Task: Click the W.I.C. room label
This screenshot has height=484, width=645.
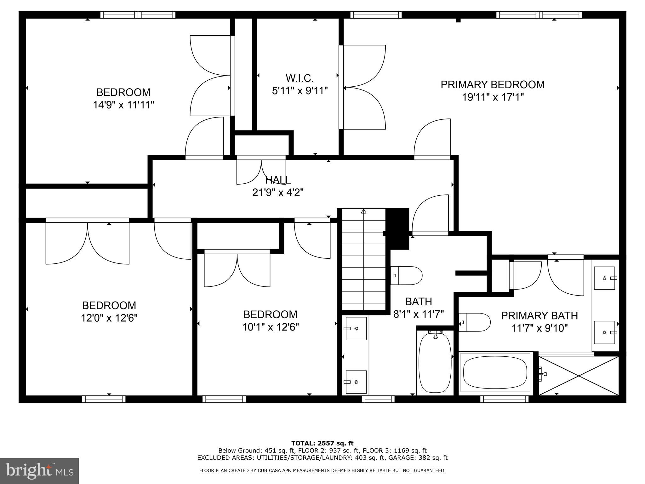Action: [x=300, y=78]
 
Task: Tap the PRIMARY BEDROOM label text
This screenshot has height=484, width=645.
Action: [x=492, y=85]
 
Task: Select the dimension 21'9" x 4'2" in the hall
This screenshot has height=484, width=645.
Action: [x=278, y=192]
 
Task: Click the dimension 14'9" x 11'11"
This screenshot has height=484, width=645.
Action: [x=123, y=105]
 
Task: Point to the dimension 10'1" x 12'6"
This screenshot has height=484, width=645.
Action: [x=270, y=327]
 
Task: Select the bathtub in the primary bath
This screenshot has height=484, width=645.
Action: [x=495, y=374]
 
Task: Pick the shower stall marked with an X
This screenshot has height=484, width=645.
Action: [x=579, y=375]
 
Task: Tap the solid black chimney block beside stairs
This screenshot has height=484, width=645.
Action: [x=397, y=228]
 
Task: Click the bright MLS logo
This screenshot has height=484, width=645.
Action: [x=39, y=471]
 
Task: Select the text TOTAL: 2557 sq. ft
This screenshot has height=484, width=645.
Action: [x=322, y=443]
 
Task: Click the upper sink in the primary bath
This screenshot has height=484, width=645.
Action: [x=604, y=278]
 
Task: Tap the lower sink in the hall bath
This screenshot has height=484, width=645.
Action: [x=356, y=382]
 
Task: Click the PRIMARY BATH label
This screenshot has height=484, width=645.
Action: [x=539, y=315]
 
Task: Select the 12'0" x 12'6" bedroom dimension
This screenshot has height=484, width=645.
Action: [x=109, y=318]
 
